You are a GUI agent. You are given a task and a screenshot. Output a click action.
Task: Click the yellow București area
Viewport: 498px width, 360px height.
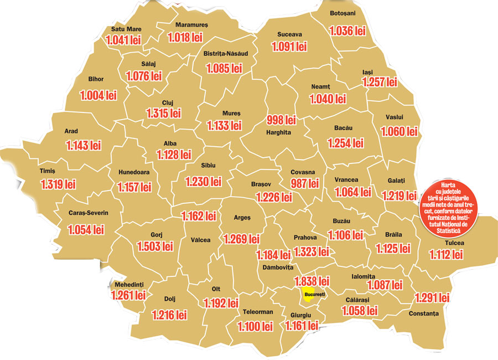(313, 294)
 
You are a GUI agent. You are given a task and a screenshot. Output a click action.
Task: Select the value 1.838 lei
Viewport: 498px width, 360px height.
(312, 281)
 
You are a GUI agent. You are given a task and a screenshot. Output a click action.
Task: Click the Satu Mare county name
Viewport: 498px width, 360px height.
(126, 29)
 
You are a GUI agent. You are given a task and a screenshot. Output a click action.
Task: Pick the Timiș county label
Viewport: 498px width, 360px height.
(48, 171)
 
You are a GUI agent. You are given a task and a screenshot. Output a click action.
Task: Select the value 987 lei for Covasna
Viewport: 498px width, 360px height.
(305, 183)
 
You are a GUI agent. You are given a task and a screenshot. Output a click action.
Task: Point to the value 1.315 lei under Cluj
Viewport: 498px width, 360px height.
(164, 114)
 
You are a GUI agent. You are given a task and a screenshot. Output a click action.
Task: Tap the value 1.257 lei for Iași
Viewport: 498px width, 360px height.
(380, 82)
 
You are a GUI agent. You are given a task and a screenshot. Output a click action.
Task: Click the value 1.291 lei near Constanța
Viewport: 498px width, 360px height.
(432, 297)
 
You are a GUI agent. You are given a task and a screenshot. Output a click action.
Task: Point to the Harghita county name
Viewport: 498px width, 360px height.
(278, 133)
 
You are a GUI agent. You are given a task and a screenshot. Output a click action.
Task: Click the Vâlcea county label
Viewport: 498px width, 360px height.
(200, 240)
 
